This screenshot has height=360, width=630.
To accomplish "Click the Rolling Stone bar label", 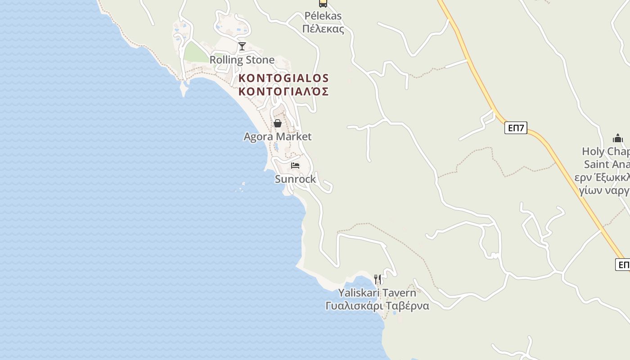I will point(242,60).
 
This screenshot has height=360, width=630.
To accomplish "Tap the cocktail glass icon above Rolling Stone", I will point(242,46).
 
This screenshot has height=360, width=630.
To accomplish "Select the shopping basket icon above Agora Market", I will point(278,123).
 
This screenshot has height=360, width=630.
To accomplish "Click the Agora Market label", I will point(277,136).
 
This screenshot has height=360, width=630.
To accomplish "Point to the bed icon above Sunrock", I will point(295,166).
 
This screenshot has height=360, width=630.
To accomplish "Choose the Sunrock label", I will point(295,179).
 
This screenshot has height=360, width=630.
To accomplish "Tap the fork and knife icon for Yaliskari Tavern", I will point(378,279).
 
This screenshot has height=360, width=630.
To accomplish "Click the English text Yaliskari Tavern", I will point(377,292).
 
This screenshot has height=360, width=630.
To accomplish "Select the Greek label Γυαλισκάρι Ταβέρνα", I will point(377,306).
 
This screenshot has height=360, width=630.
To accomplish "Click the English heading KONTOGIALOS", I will point(283,78).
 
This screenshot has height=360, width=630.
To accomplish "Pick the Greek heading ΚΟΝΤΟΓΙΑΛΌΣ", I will point(283,91).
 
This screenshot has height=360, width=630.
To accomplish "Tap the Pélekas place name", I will point(323,16).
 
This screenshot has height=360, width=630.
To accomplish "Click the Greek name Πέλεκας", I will point(323,30).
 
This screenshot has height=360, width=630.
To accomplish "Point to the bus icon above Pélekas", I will point(323,4).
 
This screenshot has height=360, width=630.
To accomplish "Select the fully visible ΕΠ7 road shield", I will point(516,128).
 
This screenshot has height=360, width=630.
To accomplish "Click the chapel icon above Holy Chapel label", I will point(618,138).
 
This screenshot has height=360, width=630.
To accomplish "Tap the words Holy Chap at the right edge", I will point(605,151).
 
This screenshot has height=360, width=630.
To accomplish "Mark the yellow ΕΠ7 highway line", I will point(477,81).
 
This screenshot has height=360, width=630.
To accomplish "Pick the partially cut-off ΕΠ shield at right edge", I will point(623,265).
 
